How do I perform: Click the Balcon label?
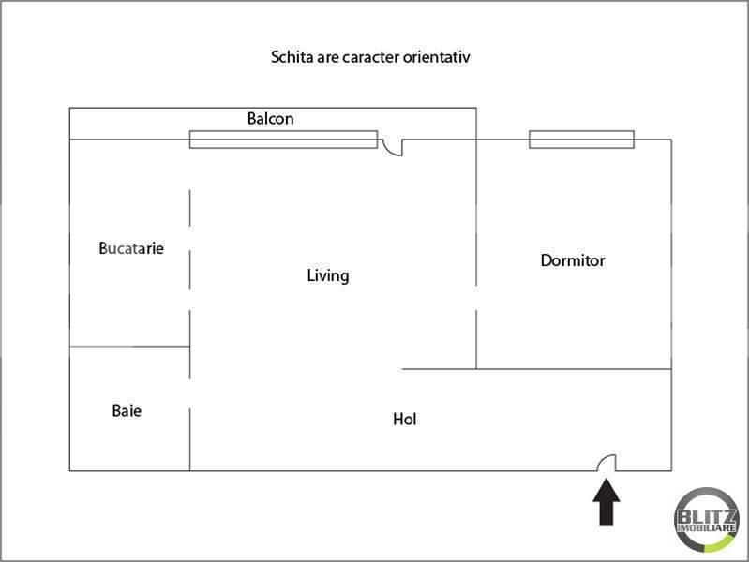[270, 118]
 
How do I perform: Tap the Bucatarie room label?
[131, 248]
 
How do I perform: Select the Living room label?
[328, 275]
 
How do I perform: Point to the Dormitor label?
[573, 260]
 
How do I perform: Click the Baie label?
[127, 410]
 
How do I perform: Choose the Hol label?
[405, 420]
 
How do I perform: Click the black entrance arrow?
[607, 502]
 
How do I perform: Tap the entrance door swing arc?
[603, 458]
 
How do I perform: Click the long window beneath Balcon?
[283, 140]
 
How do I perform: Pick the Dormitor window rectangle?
[581, 140]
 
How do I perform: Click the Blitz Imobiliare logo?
[706, 521]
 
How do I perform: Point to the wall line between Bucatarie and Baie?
[129, 347]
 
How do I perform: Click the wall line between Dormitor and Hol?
[536, 369]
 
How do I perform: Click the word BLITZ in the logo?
[706, 517]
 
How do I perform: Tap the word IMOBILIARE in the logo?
[707, 528]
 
